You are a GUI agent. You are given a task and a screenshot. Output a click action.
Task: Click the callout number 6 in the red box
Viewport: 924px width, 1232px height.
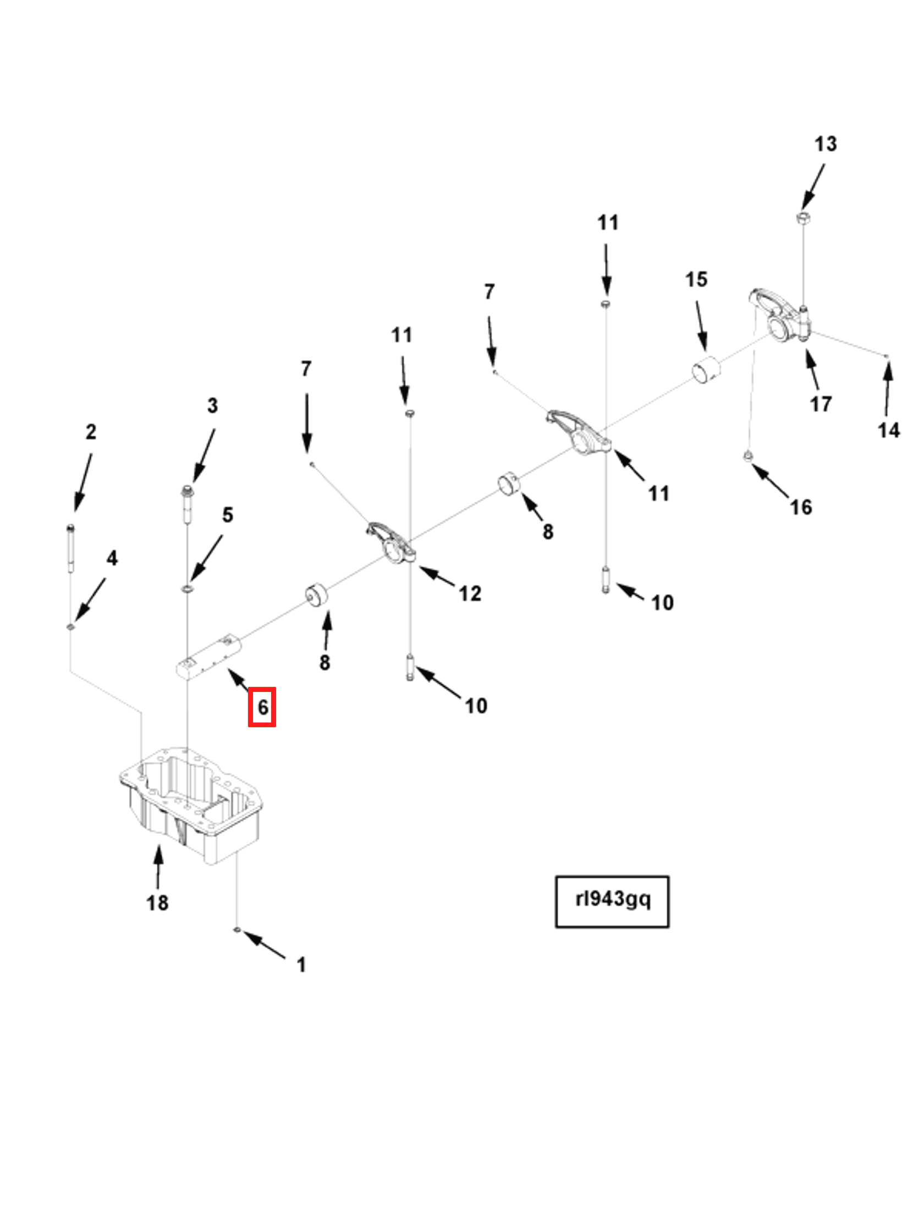262,707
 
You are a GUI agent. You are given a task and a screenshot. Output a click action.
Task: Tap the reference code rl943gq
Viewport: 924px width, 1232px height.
612,899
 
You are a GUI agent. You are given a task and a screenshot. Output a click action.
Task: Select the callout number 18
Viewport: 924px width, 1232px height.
157,903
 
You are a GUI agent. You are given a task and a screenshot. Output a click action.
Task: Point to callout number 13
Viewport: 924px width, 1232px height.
825,144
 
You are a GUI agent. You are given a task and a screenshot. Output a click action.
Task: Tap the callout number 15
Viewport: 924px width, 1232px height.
696,279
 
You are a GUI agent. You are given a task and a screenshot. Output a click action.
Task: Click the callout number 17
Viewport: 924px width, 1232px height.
821,404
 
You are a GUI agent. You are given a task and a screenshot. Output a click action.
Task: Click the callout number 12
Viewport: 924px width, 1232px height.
470,593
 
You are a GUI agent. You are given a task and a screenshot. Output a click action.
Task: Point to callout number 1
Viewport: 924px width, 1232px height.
301,965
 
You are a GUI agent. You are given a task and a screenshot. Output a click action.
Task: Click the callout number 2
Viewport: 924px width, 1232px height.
91,432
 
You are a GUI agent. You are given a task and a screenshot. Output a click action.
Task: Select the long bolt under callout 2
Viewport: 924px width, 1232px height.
71,548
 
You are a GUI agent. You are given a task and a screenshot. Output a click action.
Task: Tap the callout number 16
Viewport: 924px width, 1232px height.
800,507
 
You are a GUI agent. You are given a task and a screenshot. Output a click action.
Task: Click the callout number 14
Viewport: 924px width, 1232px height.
888,430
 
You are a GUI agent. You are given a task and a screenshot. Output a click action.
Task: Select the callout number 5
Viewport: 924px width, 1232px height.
227,515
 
